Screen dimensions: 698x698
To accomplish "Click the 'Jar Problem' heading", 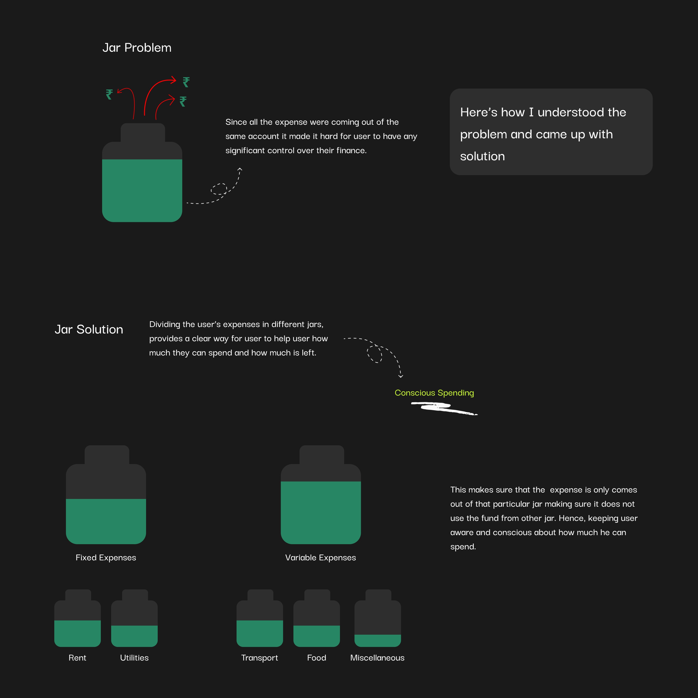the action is pos(137,48).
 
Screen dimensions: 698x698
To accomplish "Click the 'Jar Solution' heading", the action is pos(89,329).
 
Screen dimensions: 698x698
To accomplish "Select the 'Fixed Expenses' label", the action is pos(106,558).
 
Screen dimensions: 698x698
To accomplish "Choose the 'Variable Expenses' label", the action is pos(321,558).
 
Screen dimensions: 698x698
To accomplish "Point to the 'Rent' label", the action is pos(77,657).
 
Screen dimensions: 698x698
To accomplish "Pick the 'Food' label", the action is pos(316,657).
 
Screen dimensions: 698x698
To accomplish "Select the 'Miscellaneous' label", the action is pos(377,657).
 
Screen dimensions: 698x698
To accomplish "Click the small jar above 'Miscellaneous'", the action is pos(377,618).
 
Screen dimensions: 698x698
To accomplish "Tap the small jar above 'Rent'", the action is pos(77,618).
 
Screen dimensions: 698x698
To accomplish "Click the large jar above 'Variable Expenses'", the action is pos(321,495).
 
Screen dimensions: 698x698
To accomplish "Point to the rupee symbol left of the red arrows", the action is pos(109,94).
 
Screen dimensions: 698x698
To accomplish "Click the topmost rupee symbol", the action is pos(186,82).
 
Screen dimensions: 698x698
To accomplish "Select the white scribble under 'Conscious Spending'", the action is pos(444,409).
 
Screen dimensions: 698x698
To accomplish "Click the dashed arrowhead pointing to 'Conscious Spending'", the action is pos(401,376).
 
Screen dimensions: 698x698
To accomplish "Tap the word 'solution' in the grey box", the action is pos(482,156).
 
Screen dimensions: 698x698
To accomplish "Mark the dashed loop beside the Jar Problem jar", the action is pos(219,189).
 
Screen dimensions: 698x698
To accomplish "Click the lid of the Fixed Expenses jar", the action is pos(107,455).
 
